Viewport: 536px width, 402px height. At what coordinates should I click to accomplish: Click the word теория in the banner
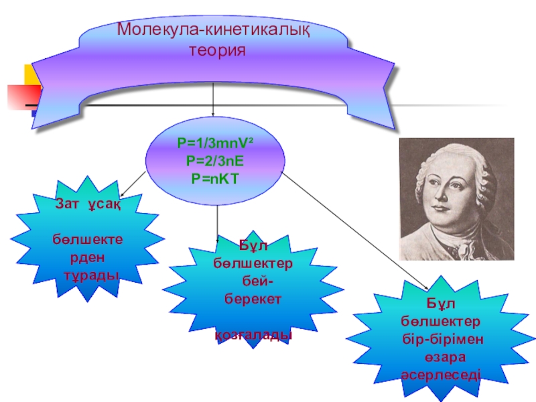point(213,50)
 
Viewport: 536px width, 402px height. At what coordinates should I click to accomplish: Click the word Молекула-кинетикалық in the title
point(213,30)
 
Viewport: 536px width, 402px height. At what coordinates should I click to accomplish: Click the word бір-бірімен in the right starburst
point(440,335)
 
